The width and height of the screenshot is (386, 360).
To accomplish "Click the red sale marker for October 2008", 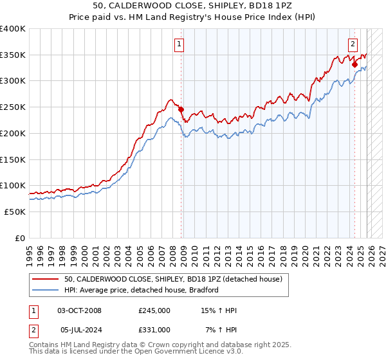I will [x=181, y=109].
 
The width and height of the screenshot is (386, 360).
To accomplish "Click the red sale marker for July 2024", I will [x=354, y=64].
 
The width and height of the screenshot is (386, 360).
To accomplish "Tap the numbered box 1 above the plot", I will [x=178, y=44].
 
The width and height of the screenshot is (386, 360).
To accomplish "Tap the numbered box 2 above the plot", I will [x=353, y=44].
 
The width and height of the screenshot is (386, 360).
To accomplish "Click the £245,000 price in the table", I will [x=154, y=311].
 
